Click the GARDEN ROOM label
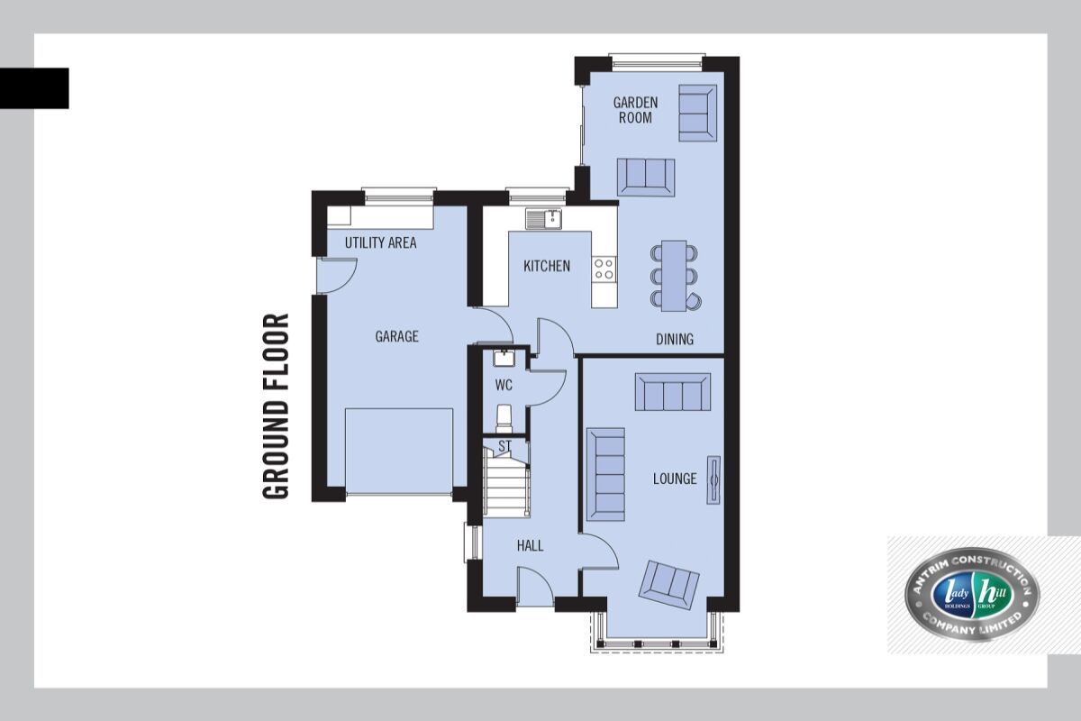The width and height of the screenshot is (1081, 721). (x=635, y=110)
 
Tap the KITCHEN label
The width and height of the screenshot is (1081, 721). (x=547, y=266)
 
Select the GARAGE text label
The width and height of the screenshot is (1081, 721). (x=396, y=336)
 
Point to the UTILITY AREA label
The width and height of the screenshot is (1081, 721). (x=380, y=242)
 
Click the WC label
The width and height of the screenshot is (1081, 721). (x=504, y=385)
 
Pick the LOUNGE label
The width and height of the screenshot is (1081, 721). (x=675, y=479)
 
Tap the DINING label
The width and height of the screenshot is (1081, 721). (x=675, y=340)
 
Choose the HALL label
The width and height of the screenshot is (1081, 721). (x=530, y=545)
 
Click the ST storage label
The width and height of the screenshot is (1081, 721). (x=504, y=446)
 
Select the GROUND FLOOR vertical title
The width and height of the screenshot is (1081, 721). (x=277, y=406)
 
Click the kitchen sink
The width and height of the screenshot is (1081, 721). (x=543, y=218)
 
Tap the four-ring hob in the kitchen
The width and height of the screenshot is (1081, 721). (x=604, y=268)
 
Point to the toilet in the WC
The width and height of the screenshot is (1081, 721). (x=504, y=418)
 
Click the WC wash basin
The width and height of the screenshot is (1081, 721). (x=504, y=359)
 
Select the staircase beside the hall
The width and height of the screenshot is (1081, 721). (x=506, y=485)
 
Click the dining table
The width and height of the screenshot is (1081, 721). (x=674, y=276)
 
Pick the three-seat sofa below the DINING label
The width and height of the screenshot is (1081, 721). (x=672, y=392)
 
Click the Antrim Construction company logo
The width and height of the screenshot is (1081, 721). (x=971, y=595)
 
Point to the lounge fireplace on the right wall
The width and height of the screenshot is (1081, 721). (x=713, y=479)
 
